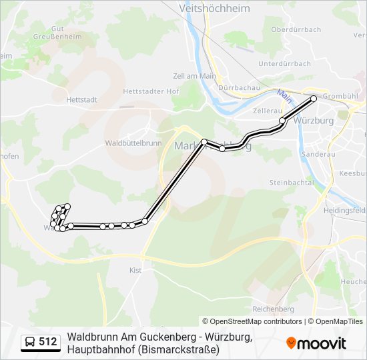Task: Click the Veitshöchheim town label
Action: point(214,8)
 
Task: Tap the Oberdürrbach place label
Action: point(296,29)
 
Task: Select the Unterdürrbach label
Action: point(284,63)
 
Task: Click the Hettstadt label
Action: point(82,99)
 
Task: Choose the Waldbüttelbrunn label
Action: point(133,143)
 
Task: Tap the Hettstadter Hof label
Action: point(142,91)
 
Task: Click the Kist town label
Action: point(135,270)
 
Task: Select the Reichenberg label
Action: point(274,309)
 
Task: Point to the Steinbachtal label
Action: point(292,182)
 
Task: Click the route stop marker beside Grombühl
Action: point(314,98)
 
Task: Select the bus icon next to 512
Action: point(30,343)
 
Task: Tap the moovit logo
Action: point(316,343)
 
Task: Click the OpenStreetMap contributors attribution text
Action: point(256,321)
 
